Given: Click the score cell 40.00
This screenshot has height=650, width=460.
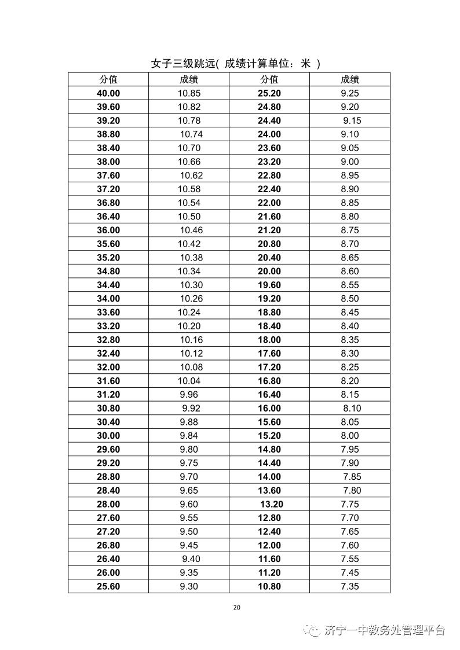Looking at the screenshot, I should (x=108, y=93).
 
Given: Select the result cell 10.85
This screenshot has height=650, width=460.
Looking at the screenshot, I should (x=189, y=93).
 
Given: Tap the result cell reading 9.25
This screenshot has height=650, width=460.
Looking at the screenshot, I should (x=350, y=93).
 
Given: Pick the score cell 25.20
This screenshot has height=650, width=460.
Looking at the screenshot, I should (x=269, y=93).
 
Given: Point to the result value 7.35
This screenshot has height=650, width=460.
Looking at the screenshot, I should (x=350, y=586).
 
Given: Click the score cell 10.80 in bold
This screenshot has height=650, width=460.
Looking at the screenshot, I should (x=269, y=586).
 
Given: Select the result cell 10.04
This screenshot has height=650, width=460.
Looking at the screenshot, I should (x=189, y=381).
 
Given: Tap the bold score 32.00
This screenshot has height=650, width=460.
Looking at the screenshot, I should (x=108, y=367).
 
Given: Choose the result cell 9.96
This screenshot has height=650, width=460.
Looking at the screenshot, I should (x=189, y=395).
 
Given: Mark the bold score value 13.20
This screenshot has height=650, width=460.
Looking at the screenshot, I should (x=271, y=504).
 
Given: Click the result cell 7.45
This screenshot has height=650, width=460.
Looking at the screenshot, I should (x=350, y=572).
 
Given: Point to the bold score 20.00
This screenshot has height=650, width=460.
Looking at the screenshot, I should (x=269, y=271).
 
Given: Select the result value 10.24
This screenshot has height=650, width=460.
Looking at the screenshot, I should (x=189, y=313).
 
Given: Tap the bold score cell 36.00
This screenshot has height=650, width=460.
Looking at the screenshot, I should (x=108, y=230).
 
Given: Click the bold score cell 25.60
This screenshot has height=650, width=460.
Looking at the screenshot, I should (x=108, y=586).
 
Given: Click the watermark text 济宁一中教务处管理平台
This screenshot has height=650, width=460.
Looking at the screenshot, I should (x=385, y=630).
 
